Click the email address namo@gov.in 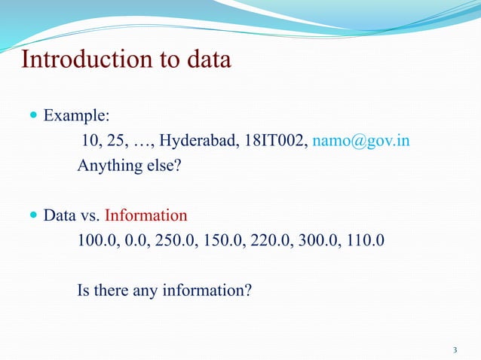[x=361, y=141]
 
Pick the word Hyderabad [x=198, y=141]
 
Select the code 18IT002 [x=273, y=141]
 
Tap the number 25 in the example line [x=118, y=141]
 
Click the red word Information [x=146, y=216]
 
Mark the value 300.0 [x=315, y=241]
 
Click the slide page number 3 [x=455, y=349]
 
